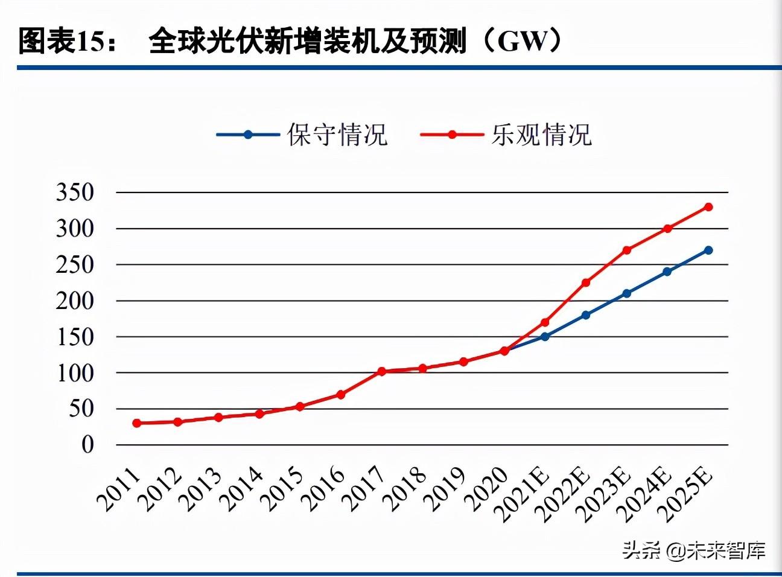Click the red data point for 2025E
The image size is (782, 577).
(708, 207)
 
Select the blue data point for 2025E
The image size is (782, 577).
(708, 250)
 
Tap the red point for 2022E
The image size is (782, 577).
(585, 282)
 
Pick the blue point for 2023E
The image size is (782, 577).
(626, 293)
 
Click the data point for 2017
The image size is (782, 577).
(381, 371)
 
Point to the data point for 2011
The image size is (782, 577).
(137, 423)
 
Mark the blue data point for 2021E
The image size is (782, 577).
(545, 336)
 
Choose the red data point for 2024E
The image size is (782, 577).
(667, 229)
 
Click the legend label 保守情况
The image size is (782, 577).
(337, 135)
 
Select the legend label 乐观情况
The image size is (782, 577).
(541, 135)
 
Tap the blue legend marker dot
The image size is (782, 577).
(247, 135)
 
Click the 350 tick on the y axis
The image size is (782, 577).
(75, 193)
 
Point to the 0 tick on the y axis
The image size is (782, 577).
(88, 445)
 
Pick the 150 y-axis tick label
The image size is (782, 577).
(75, 337)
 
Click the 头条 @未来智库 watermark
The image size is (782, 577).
(694, 550)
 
